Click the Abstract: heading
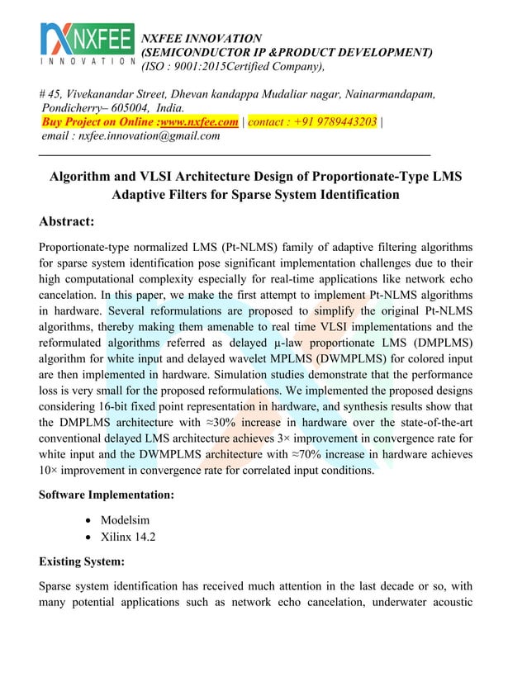tap(67, 221)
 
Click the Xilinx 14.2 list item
tap(128, 536)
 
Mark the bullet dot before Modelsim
tap(88, 518)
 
